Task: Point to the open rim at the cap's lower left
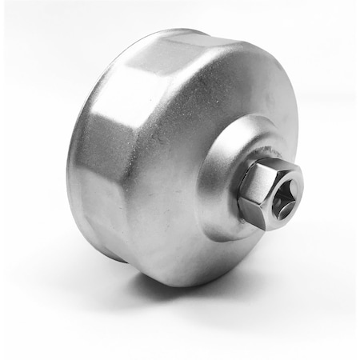pyautogui.click(x=96, y=240)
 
